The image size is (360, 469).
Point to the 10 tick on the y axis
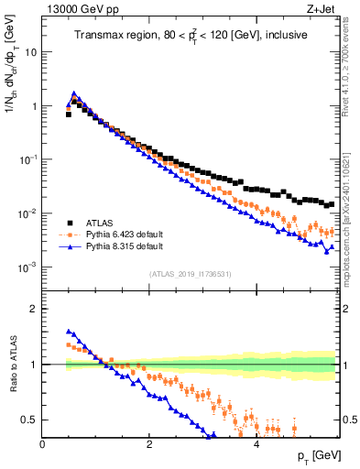31,52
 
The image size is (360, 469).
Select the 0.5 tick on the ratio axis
29,420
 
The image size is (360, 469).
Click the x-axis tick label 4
256,443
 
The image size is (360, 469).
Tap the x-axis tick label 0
42,443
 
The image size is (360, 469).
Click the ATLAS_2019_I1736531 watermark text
190,275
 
